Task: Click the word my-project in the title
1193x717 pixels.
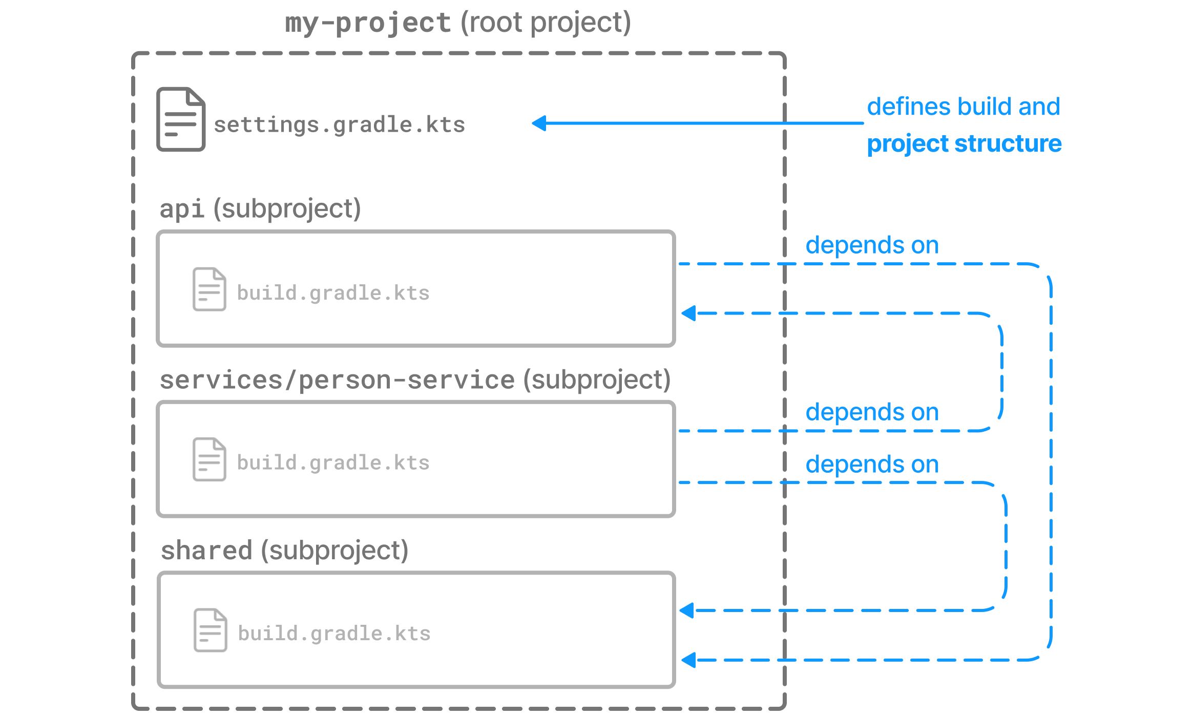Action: [367, 24]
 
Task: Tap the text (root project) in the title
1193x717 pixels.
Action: [545, 24]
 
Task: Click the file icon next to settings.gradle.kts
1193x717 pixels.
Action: [181, 119]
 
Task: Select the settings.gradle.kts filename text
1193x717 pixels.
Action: [339, 125]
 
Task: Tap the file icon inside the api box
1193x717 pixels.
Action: [209, 289]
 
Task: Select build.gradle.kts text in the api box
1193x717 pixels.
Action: [333, 293]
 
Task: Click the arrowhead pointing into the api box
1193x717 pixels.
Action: [688, 313]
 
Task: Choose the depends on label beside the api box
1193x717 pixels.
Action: [872, 246]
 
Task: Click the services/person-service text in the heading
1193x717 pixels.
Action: [337, 381]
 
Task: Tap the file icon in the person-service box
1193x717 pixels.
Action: [209, 459]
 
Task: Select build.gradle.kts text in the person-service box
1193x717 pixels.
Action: [333, 463]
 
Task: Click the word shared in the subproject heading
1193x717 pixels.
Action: [206, 551]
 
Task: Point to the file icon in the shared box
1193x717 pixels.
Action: [210, 630]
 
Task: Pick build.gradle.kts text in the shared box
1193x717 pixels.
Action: [334, 634]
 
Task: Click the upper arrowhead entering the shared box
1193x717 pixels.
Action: [687, 610]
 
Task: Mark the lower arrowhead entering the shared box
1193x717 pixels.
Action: [688, 660]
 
